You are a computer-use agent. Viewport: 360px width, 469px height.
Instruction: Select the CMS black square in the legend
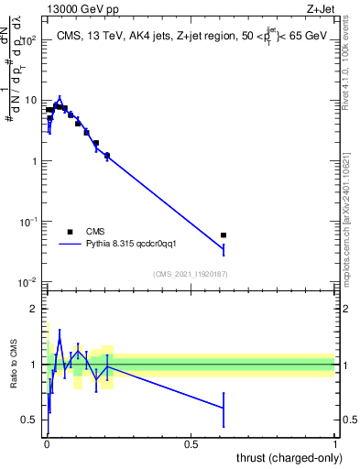click(x=70, y=232)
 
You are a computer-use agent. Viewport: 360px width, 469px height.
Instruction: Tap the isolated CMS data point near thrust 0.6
click(x=224, y=235)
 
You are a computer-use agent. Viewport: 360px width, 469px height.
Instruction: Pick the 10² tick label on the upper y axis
click(x=30, y=40)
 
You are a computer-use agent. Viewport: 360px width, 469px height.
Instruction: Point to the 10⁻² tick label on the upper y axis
click(x=28, y=281)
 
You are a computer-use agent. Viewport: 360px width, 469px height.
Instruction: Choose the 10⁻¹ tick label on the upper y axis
click(x=28, y=221)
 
